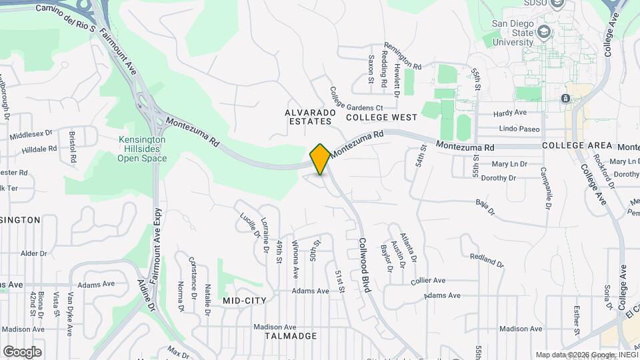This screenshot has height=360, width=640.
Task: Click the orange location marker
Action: (x=320, y=159)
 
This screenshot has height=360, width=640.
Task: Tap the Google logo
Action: (x=22, y=351)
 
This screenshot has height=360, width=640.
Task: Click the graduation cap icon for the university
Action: (x=545, y=31)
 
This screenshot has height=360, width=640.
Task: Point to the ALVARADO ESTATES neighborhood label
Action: (x=309, y=117)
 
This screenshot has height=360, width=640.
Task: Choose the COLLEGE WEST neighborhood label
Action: (x=381, y=117)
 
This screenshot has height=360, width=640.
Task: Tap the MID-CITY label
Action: (x=244, y=301)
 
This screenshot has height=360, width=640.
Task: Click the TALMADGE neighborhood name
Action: (x=291, y=336)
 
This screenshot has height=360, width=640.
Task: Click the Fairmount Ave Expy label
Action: (x=155, y=247)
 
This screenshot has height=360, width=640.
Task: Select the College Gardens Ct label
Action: (x=356, y=100)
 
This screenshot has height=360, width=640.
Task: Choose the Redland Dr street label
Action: (x=485, y=259)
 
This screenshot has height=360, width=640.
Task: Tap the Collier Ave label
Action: (x=428, y=281)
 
